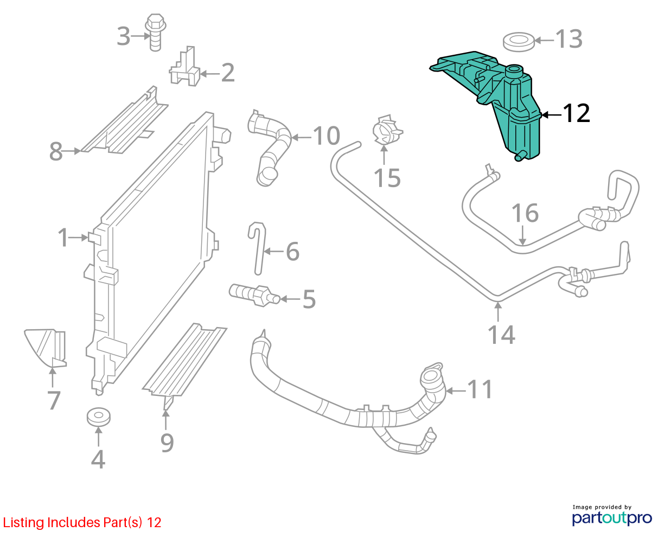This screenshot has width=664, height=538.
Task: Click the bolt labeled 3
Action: coord(155,32)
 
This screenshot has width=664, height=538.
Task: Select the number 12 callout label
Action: coord(576,113)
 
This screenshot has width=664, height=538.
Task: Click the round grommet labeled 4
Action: coord(99,417)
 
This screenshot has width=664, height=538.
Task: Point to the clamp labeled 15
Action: coord(387,130)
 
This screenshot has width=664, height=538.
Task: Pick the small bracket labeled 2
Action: coord(185,67)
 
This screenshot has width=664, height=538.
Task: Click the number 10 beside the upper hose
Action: coord(326,136)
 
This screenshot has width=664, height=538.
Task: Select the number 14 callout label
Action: coord(501,335)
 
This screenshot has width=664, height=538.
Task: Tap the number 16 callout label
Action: coord(525,213)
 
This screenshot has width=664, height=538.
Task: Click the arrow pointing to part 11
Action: coord(456,390)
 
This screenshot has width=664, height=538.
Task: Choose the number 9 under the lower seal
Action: coord(167,443)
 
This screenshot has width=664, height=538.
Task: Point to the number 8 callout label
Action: coord(56,151)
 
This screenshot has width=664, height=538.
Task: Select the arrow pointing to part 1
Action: coord(78,238)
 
